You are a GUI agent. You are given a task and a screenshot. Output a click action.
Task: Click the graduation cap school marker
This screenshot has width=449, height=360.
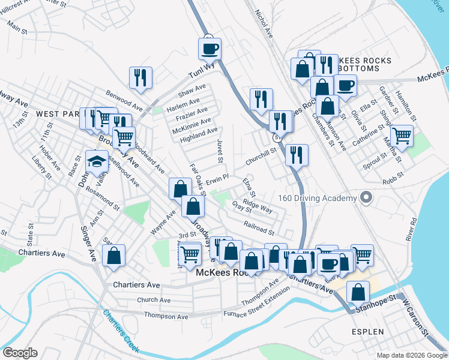[97, 161]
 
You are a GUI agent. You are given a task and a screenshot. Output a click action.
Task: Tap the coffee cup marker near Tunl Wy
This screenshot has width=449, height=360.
[209, 49]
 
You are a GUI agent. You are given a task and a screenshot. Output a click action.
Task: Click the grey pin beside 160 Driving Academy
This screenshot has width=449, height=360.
[364, 197]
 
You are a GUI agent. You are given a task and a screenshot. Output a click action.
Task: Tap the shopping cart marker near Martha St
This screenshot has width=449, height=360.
[401, 136]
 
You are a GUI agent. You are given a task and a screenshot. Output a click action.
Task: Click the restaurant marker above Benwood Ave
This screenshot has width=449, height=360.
[140, 77]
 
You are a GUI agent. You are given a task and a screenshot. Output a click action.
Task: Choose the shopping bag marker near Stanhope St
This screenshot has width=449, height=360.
[358, 293]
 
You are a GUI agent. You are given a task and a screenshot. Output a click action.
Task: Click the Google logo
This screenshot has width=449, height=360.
[20, 353]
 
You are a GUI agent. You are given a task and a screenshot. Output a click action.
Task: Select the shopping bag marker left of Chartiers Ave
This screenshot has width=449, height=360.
[113, 256]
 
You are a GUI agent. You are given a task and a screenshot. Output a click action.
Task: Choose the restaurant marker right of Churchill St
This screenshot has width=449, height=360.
[297, 155]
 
